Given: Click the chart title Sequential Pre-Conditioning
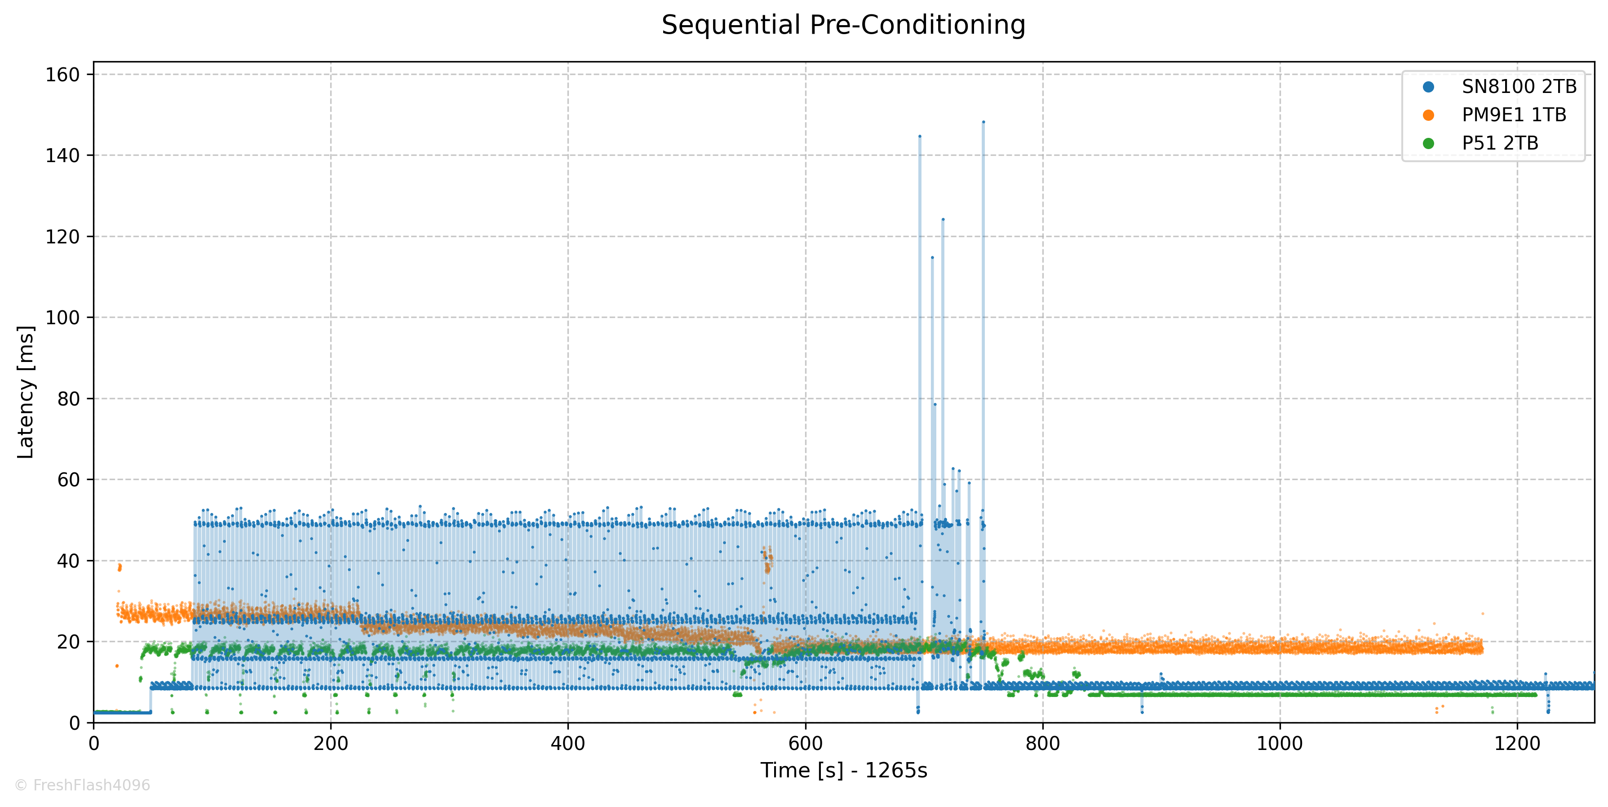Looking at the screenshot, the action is pyautogui.click(x=843, y=25).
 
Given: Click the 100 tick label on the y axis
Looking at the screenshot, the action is pyautogui.click(x=62, y=318).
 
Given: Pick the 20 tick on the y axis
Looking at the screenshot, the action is pyautogui.click(x=69, y=642).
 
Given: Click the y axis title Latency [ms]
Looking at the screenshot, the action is pyautogui.click(x=26, y=392).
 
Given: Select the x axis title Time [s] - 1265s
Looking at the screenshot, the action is pyautogui.click(x=843, y=771).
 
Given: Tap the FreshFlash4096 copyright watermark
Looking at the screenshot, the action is pyautogui.click(x=82, y=785).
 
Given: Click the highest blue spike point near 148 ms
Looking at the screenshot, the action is pyautogui.click(x=983, y=122).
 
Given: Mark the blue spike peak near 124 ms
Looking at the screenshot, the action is pyautogui.click(x=943, y=220).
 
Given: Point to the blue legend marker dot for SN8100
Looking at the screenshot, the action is pyautogui.click(x=1428, y=87).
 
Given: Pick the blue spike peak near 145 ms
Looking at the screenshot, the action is pyautogui.click(x=920, y=136).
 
